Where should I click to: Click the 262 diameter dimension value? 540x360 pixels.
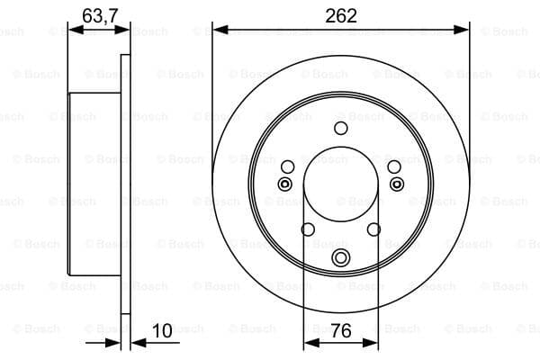[341, 16]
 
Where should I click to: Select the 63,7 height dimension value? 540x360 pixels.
[100, 16]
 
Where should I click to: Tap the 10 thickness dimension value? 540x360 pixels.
[162, 330]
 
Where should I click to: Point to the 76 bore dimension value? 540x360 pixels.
[341, 330]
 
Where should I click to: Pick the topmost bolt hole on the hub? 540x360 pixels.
[341, 128]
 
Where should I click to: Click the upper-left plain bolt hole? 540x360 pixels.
[288, 167]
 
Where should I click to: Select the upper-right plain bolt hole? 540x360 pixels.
[394, 167]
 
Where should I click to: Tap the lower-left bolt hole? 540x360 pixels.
[308, 229]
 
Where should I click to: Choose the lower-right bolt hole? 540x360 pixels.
[374, 229]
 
